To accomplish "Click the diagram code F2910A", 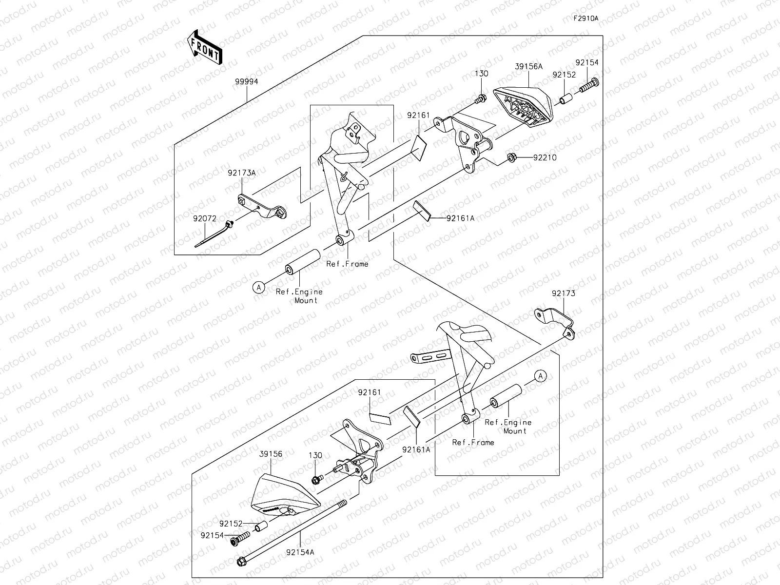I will point(585,19).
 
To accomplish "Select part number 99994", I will point(246,82).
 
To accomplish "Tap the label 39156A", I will point(528,67).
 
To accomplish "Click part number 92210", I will point(545,158).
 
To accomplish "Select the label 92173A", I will point(241,173).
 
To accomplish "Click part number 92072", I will point(204,219).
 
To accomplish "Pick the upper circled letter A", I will point(259,288).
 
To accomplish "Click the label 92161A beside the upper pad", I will point(460,218).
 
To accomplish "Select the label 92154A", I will point(300,565).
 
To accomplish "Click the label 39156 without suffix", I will point(271,453).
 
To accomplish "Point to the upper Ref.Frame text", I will point(347,264).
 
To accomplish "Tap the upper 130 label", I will point(482,74).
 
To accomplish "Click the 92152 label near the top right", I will point(564,75).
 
